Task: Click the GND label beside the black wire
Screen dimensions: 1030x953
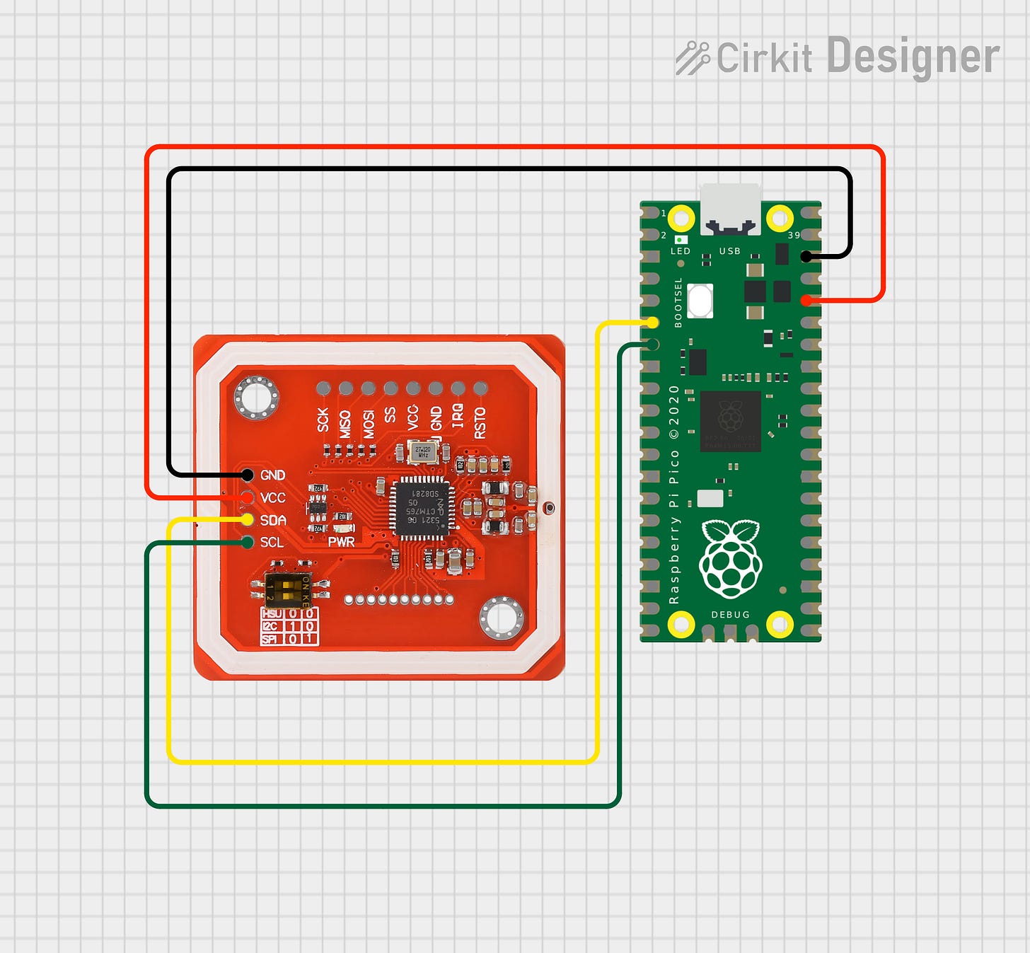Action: click(x=272, y=475)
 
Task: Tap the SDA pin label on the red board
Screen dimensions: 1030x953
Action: click(x=272, y=521)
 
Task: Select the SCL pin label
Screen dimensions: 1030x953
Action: click(x=272, y=543)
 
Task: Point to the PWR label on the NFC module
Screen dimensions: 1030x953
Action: click(x=341, y=542)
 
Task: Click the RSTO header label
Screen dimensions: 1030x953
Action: click(x=480, y=422)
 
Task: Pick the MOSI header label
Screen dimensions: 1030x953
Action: click(x=369, y=424)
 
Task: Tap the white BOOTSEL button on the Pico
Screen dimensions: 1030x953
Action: click(x=700, y=301)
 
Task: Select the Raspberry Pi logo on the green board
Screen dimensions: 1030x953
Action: click(x=730, y=558)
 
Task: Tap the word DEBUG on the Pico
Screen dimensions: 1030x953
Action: click(x=730, y=615)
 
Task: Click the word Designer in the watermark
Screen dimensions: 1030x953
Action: click(x=913, y=57)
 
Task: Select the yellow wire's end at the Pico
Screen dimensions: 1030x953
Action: click(x=652, y=323)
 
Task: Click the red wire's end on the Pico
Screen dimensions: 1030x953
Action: click(x=806, y=301)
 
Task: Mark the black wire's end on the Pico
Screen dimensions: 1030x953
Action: click(x=806, y=256)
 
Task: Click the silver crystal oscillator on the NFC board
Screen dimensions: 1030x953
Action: click(x=423, y=451)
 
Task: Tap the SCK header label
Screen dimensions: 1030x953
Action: click(x=323, y=420)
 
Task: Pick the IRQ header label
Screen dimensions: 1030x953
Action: click(x=458, y=415)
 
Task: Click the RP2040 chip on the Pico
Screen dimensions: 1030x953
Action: click(x=730, y=420)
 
